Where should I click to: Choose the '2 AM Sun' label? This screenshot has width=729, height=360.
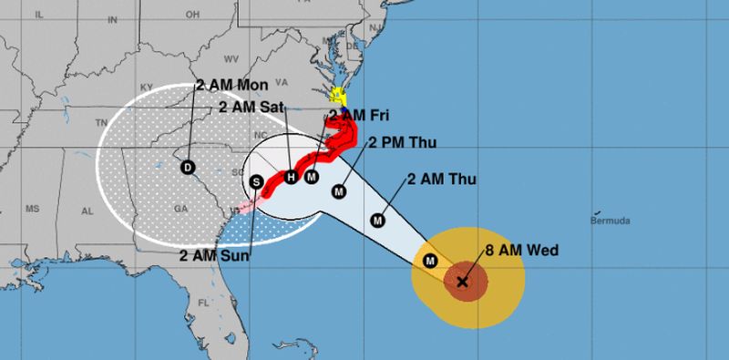click(x=220, y=254)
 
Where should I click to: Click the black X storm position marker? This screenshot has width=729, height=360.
click(x=462, y=283)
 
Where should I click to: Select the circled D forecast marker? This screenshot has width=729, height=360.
click(x=188, y=167)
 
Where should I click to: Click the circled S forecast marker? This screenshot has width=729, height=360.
click(x=257, y=181)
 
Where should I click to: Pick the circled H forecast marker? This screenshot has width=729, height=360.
click(x=291, y=177)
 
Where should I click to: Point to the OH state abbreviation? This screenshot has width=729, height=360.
click(x=192, y=15)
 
